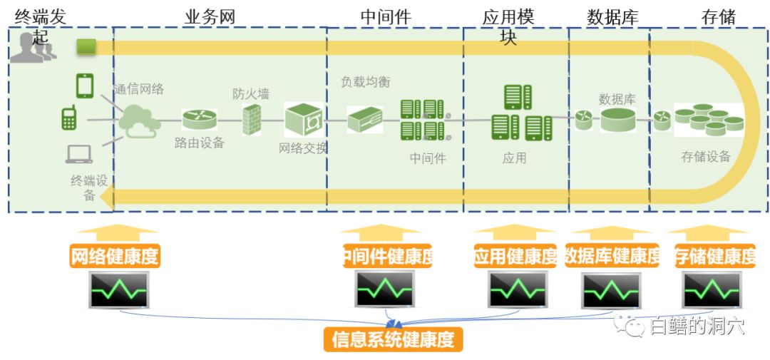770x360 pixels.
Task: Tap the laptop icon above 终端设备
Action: click(x=79, y=154)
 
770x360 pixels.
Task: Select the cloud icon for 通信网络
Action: click(x=138, y=120)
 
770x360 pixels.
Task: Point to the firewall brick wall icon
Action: click(x=252, y=120)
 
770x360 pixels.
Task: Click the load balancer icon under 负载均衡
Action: click(x=365, y=119)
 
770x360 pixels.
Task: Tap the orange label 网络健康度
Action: click(x=115, y=256)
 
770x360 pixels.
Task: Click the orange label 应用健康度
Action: click(x=515, y=256)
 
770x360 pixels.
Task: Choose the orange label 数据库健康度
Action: click(x=612, y=256)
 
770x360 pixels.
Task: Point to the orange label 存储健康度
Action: click(x=715, y=256)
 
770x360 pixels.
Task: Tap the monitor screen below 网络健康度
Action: click(x=118, y=289)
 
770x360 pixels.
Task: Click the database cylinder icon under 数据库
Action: click(x=617, y=120)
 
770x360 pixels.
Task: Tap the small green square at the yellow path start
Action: click(x=86, y=47)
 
